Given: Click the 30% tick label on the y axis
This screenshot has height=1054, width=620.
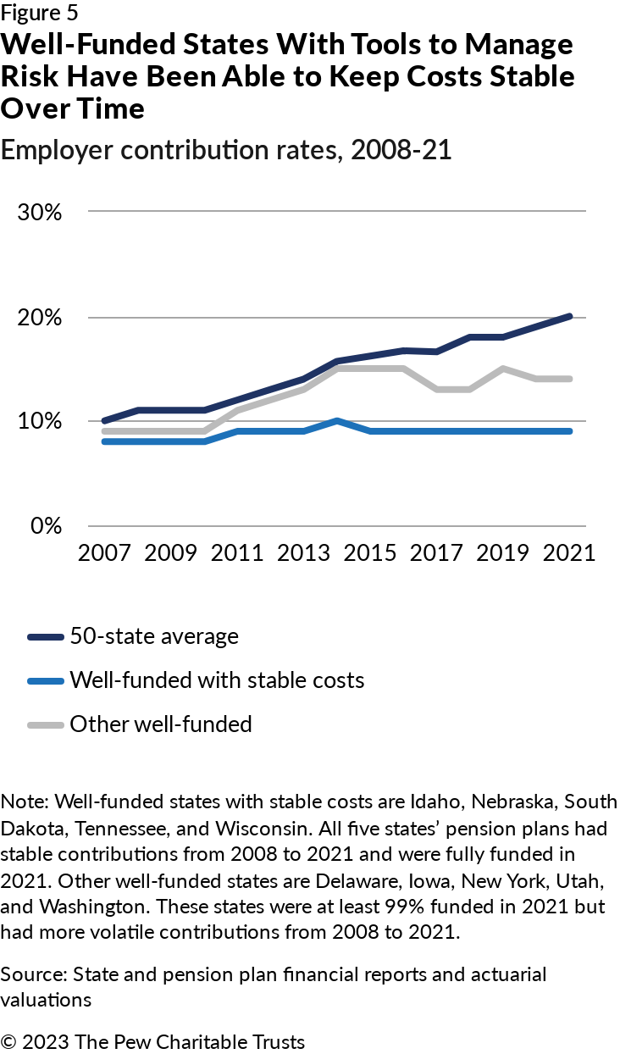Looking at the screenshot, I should coord(40,212).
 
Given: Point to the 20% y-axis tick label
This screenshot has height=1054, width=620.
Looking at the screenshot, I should coord(40,318).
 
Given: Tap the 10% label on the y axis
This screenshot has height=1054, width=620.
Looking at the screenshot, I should coord(40,421).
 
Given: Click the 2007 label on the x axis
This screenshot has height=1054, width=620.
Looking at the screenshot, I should coord(105,553).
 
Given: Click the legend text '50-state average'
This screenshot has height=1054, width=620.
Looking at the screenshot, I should coord(154,636).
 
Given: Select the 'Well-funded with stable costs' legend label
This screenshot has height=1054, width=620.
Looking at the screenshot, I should coord(217,680).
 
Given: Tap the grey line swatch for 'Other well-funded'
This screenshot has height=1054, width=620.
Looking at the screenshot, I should coord(46,724).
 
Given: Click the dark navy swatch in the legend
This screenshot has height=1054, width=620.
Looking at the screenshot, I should coord(46,637).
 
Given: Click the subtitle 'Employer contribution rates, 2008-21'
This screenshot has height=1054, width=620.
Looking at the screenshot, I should coord(226,151).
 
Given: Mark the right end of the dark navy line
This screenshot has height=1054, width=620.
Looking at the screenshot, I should coord(570,316).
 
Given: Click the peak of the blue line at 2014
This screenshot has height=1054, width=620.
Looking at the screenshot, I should coord(338,420).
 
